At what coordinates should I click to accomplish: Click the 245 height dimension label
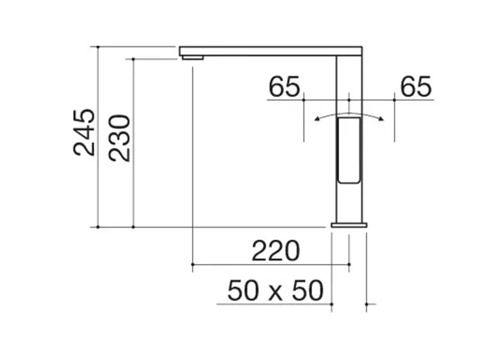click(84, 132)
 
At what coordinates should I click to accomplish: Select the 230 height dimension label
click(119, 138)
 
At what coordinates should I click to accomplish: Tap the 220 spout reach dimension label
click(276, 251)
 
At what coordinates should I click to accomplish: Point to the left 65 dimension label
click(284, 87)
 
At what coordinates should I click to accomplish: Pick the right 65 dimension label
click(416, 87)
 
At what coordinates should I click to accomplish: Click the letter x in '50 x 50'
click(275, 293)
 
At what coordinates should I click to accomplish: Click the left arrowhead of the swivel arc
click(317, 119)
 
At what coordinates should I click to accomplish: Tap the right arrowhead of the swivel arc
click(381, 119)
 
